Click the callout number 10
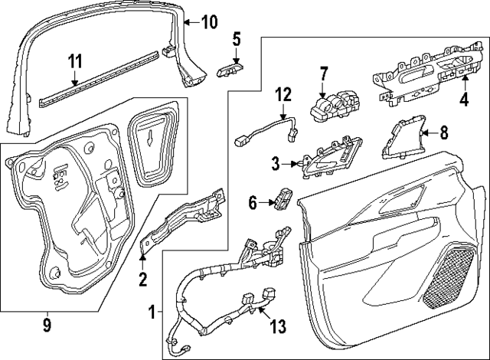(x=209, y=21)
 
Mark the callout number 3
(x=275, y=163)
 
